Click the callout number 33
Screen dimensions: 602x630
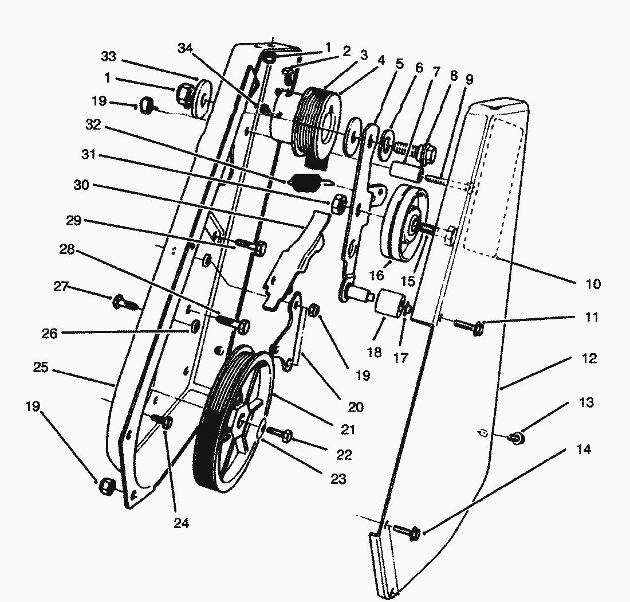108,56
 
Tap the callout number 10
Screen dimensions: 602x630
593,283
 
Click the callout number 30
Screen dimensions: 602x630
82,185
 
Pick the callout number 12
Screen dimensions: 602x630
589,358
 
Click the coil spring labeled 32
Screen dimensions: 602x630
304,183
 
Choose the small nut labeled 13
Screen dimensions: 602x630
517,439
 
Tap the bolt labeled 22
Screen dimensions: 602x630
280,434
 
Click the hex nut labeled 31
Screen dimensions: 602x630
338,203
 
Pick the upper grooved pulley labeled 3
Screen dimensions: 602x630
315,122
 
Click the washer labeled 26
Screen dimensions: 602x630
195,326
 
